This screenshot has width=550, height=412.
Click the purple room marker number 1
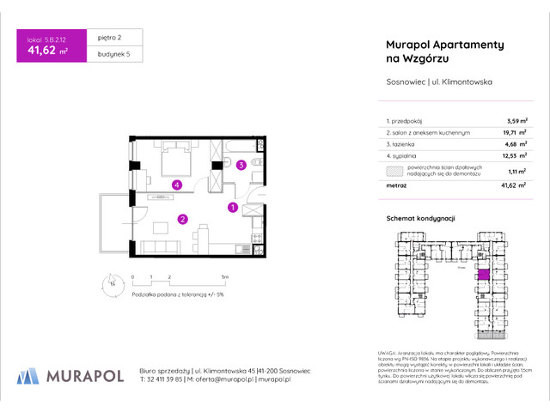point(232,207)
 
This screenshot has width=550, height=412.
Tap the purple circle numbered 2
point(182,219)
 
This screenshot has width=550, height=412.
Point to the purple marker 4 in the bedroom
point(175,184)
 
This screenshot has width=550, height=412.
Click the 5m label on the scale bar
point(224,278)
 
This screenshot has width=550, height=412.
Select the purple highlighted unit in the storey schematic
point(483,275)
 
